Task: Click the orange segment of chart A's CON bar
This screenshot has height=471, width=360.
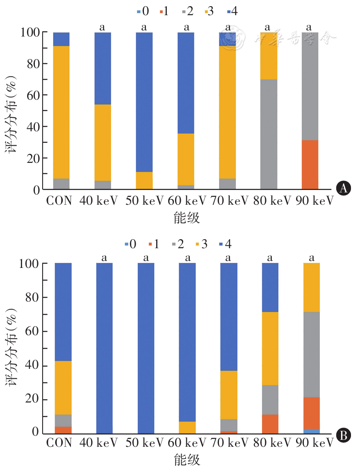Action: click(x=61, y=112)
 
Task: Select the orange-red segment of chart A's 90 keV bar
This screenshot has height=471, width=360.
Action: click(x=310, y=165)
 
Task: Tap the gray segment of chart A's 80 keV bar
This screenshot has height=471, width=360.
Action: click(x=269, y=134)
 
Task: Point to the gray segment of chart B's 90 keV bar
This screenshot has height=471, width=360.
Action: click(x=311, y=354)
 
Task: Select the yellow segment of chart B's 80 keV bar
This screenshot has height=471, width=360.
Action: click(x=270, y=348)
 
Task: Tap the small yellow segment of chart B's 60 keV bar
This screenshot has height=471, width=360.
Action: click(x=187, y=427)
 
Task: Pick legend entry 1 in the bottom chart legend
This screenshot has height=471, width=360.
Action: click(x=154, y=245)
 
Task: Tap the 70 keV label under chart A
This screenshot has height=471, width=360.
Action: click(x=228, y=201)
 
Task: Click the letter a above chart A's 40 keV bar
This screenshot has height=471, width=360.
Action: click(x=103, y=27)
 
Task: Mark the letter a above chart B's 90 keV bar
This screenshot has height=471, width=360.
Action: click(x=311, y=258)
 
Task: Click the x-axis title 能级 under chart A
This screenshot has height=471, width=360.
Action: click(x=187, y=218)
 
